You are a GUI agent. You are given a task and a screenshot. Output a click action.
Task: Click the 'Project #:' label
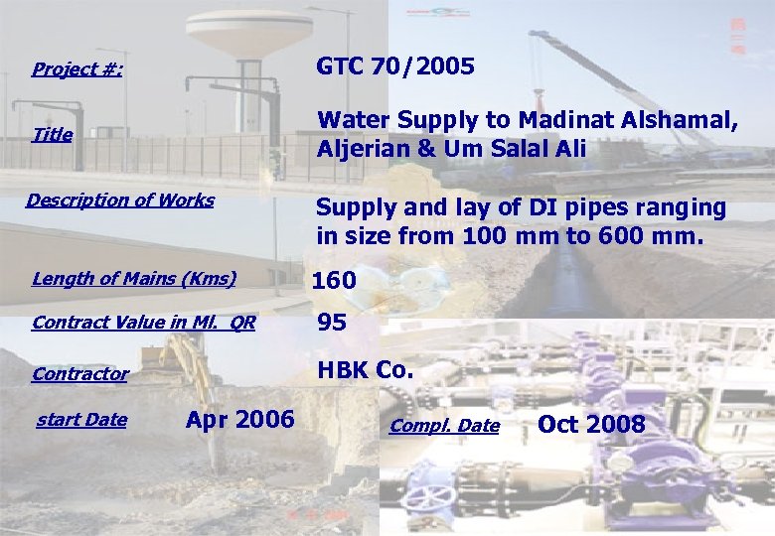tap(77, 69)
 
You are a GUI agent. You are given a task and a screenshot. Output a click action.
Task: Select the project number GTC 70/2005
tap(395, 67)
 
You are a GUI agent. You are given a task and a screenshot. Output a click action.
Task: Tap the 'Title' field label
tap(52, 135)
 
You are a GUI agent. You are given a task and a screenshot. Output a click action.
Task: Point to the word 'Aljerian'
tap(362, 150)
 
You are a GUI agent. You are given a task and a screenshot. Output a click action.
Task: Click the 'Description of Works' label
tap(120, 201)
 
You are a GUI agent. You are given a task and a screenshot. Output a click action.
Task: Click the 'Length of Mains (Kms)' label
tap(134, 278)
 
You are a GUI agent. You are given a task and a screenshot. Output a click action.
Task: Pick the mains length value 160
tap(334, 281)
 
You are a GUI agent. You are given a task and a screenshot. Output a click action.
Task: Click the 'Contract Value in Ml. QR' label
tap(143, 323)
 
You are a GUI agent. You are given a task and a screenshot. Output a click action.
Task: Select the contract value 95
tap(332, 323)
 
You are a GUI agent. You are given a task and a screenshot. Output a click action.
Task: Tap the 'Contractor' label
tap(80, 374)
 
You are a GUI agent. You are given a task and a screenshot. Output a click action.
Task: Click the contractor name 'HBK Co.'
tap(364, 370)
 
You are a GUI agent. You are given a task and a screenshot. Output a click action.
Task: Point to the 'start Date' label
tap(81, 420)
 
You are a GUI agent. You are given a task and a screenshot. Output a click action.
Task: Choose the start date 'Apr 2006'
tap(239, 420)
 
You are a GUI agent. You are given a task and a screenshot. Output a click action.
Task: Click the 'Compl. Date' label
tap(444, 426)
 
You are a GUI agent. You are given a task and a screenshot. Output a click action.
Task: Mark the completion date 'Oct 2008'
tap(591, 425)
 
